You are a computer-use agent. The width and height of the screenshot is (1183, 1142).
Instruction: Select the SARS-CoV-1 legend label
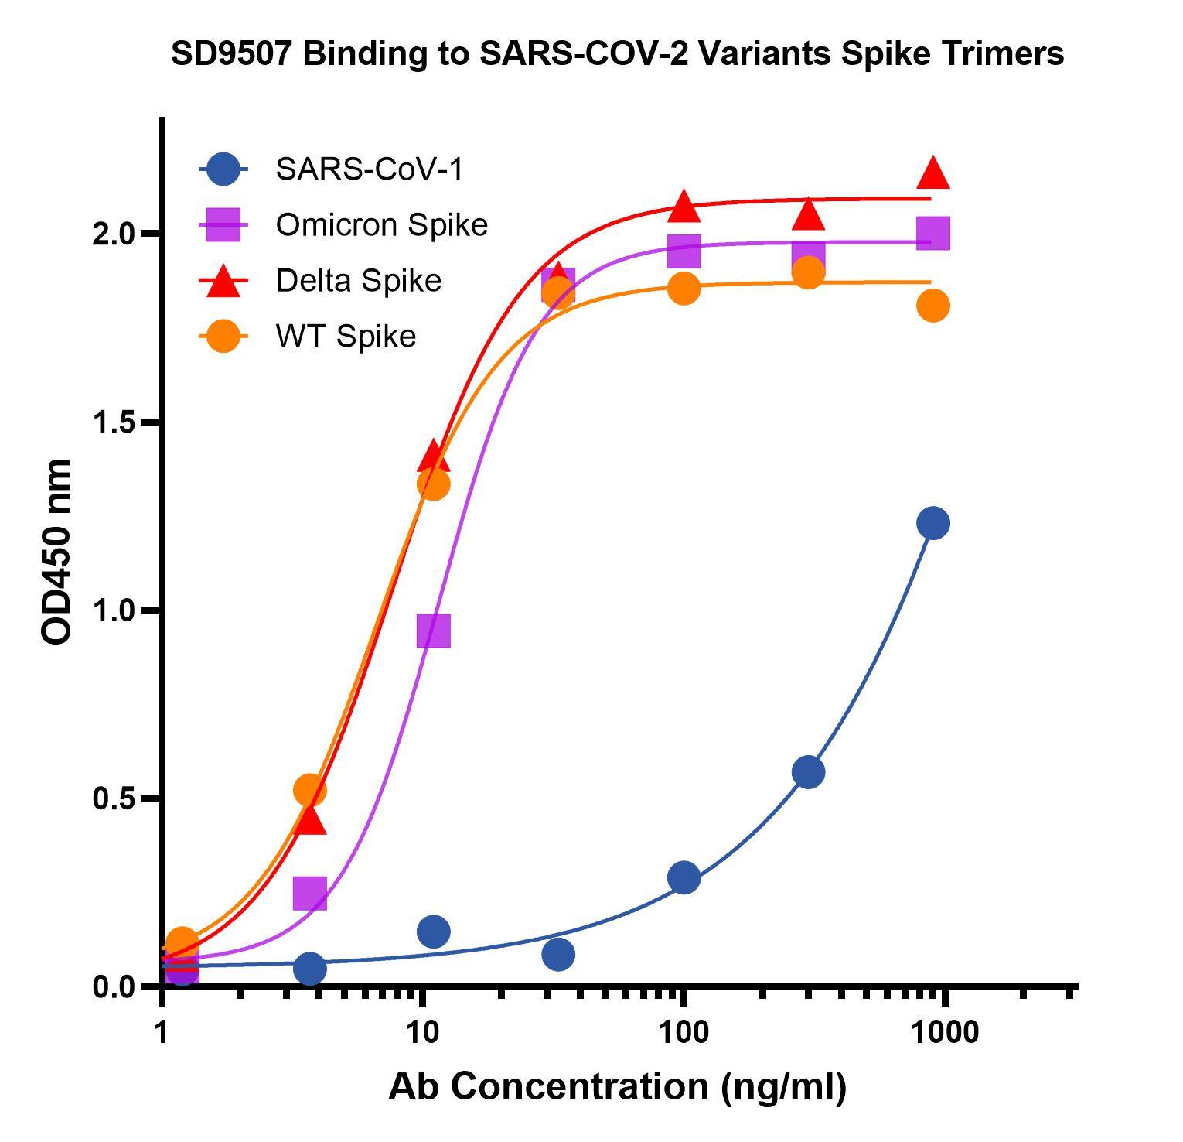(369, 169)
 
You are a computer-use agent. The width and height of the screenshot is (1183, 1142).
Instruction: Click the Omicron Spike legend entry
(381, 224)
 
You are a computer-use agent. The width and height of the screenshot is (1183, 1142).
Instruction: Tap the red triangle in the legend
(223, 281)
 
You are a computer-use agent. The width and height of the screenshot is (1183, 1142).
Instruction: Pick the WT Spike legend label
(346, 337)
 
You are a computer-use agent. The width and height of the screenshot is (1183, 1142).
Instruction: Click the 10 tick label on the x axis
(421, 1033)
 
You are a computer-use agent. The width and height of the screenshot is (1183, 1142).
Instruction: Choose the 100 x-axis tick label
(683, 1033)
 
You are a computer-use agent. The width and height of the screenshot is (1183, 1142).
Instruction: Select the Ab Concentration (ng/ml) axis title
(617, 1086)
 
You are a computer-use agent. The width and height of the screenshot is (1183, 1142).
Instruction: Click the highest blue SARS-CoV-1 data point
(933, 524)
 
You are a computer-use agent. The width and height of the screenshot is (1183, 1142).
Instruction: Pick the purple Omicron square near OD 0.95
(433, 631)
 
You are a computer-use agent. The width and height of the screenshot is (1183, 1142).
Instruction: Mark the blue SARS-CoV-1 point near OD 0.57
(808, 772)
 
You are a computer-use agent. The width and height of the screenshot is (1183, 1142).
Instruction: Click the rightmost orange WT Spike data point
(933, 306)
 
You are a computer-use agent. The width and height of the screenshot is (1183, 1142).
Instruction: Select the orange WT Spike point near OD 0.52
(309, 790)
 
